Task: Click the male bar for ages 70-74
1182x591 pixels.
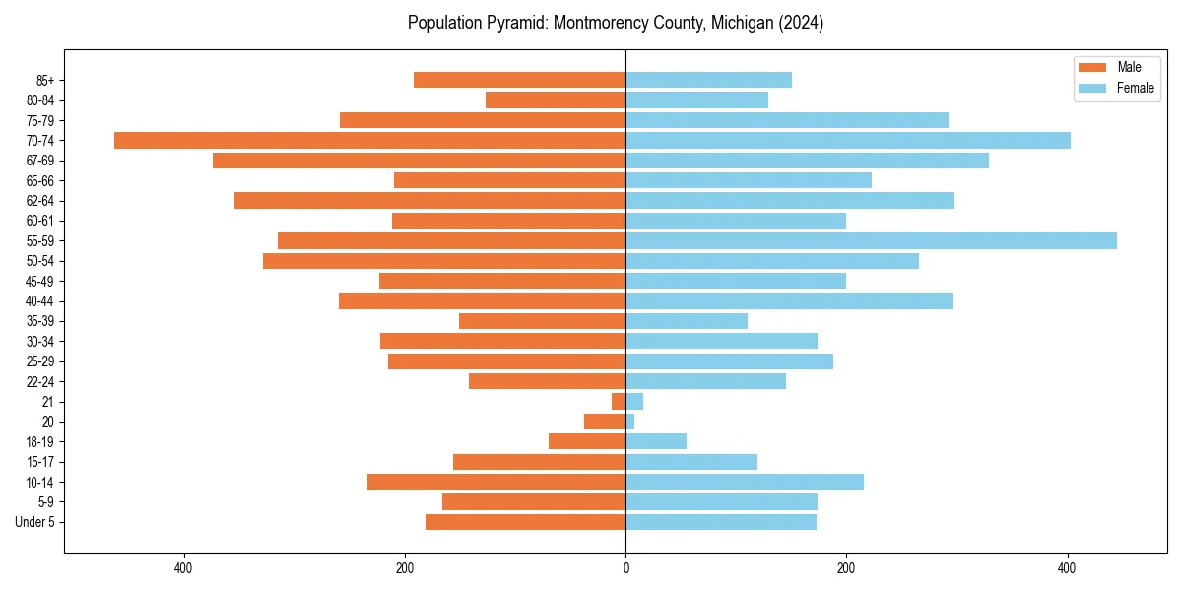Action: (369, 141)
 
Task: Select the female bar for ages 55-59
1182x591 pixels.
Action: (871, 241)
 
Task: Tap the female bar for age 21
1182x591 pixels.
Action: (634, 402)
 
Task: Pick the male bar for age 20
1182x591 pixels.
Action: (605, 422)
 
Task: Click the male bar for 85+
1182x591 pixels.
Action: (519, 80)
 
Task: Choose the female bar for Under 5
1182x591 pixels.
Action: (721, 522)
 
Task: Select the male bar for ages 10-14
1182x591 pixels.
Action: (496, 482)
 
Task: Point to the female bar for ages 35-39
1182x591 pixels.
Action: (687, 321)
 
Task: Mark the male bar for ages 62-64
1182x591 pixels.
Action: (429, 201)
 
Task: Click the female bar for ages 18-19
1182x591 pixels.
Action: (656, 441)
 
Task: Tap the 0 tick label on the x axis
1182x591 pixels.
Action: (625, 568)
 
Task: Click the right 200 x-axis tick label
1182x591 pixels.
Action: (846, 568)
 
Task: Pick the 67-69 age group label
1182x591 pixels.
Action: (39, 161)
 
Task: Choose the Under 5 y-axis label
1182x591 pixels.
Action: (34, 522)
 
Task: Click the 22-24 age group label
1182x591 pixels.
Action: (39, 381)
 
